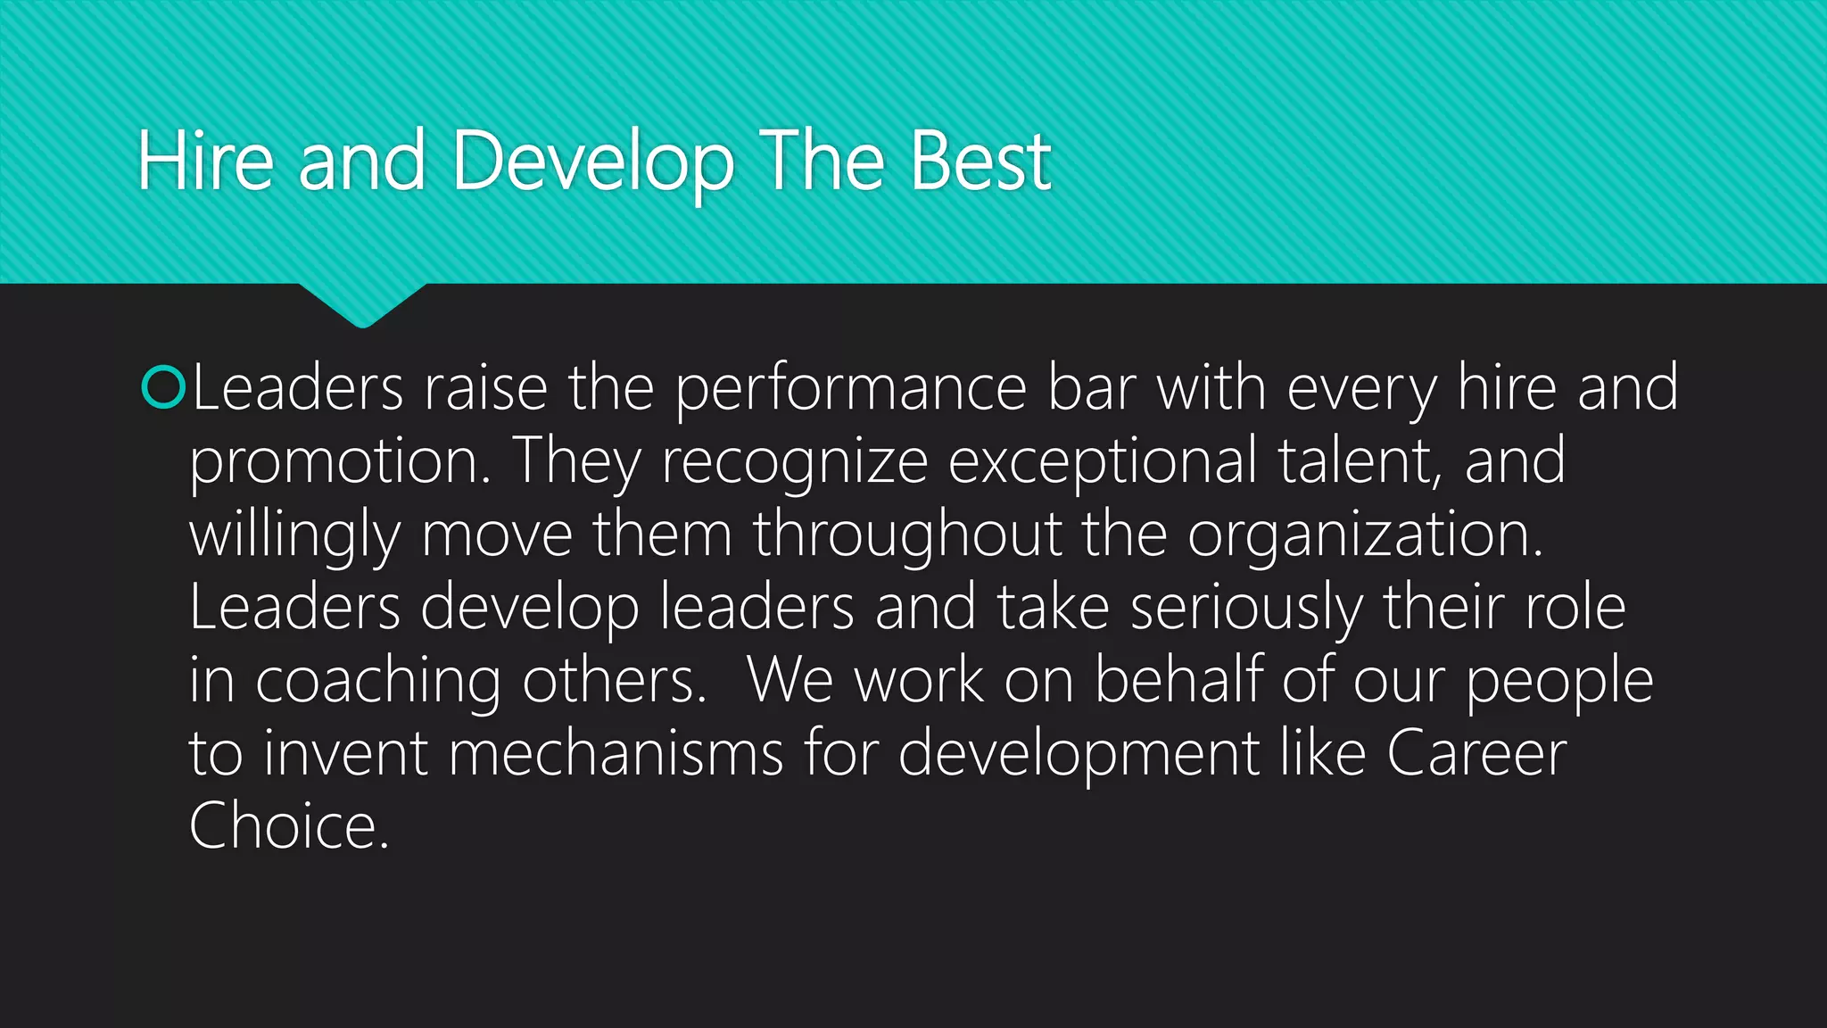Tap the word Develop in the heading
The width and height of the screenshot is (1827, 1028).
(x=593, y=162)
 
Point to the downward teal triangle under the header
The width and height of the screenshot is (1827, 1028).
(x=362, y=303)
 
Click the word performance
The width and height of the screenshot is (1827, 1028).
(x=851, y=390)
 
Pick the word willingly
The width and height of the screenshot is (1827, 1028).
(x=294, y=536)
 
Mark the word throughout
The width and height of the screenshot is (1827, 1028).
(x=907, y=536)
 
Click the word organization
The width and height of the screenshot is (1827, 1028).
(x=1365, y=536)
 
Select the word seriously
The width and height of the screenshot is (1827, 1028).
(x=1245, y=609)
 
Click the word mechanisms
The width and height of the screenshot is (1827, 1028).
(x=616, y=754)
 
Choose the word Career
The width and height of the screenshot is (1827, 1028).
(x=1476, y=754)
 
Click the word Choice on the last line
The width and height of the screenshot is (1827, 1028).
(x=288, y=827)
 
